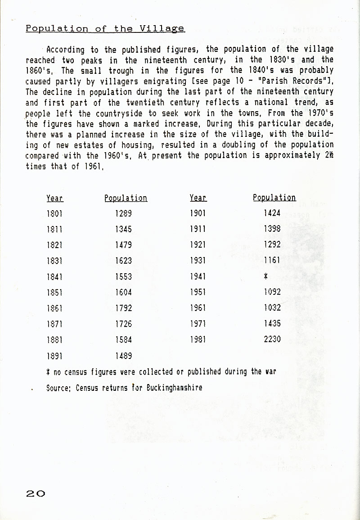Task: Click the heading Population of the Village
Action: click(105, 28)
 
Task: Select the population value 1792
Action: click(123, 308)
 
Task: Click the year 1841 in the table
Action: click(54, 276)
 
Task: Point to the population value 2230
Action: click(272, 339)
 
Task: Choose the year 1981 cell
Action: click(198, 339)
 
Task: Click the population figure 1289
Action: click(123, 214)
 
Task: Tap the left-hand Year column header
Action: click(54, 198)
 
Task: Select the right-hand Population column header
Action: click(274, 198)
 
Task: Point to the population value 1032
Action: click(272, 308)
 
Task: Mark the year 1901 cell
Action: click(198, 213)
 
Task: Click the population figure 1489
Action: click(123, 356)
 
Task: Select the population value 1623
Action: click(123, 261)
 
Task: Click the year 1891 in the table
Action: click(54, 356)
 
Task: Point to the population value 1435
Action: click(272, 323)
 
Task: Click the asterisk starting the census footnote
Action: click(48, 372)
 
